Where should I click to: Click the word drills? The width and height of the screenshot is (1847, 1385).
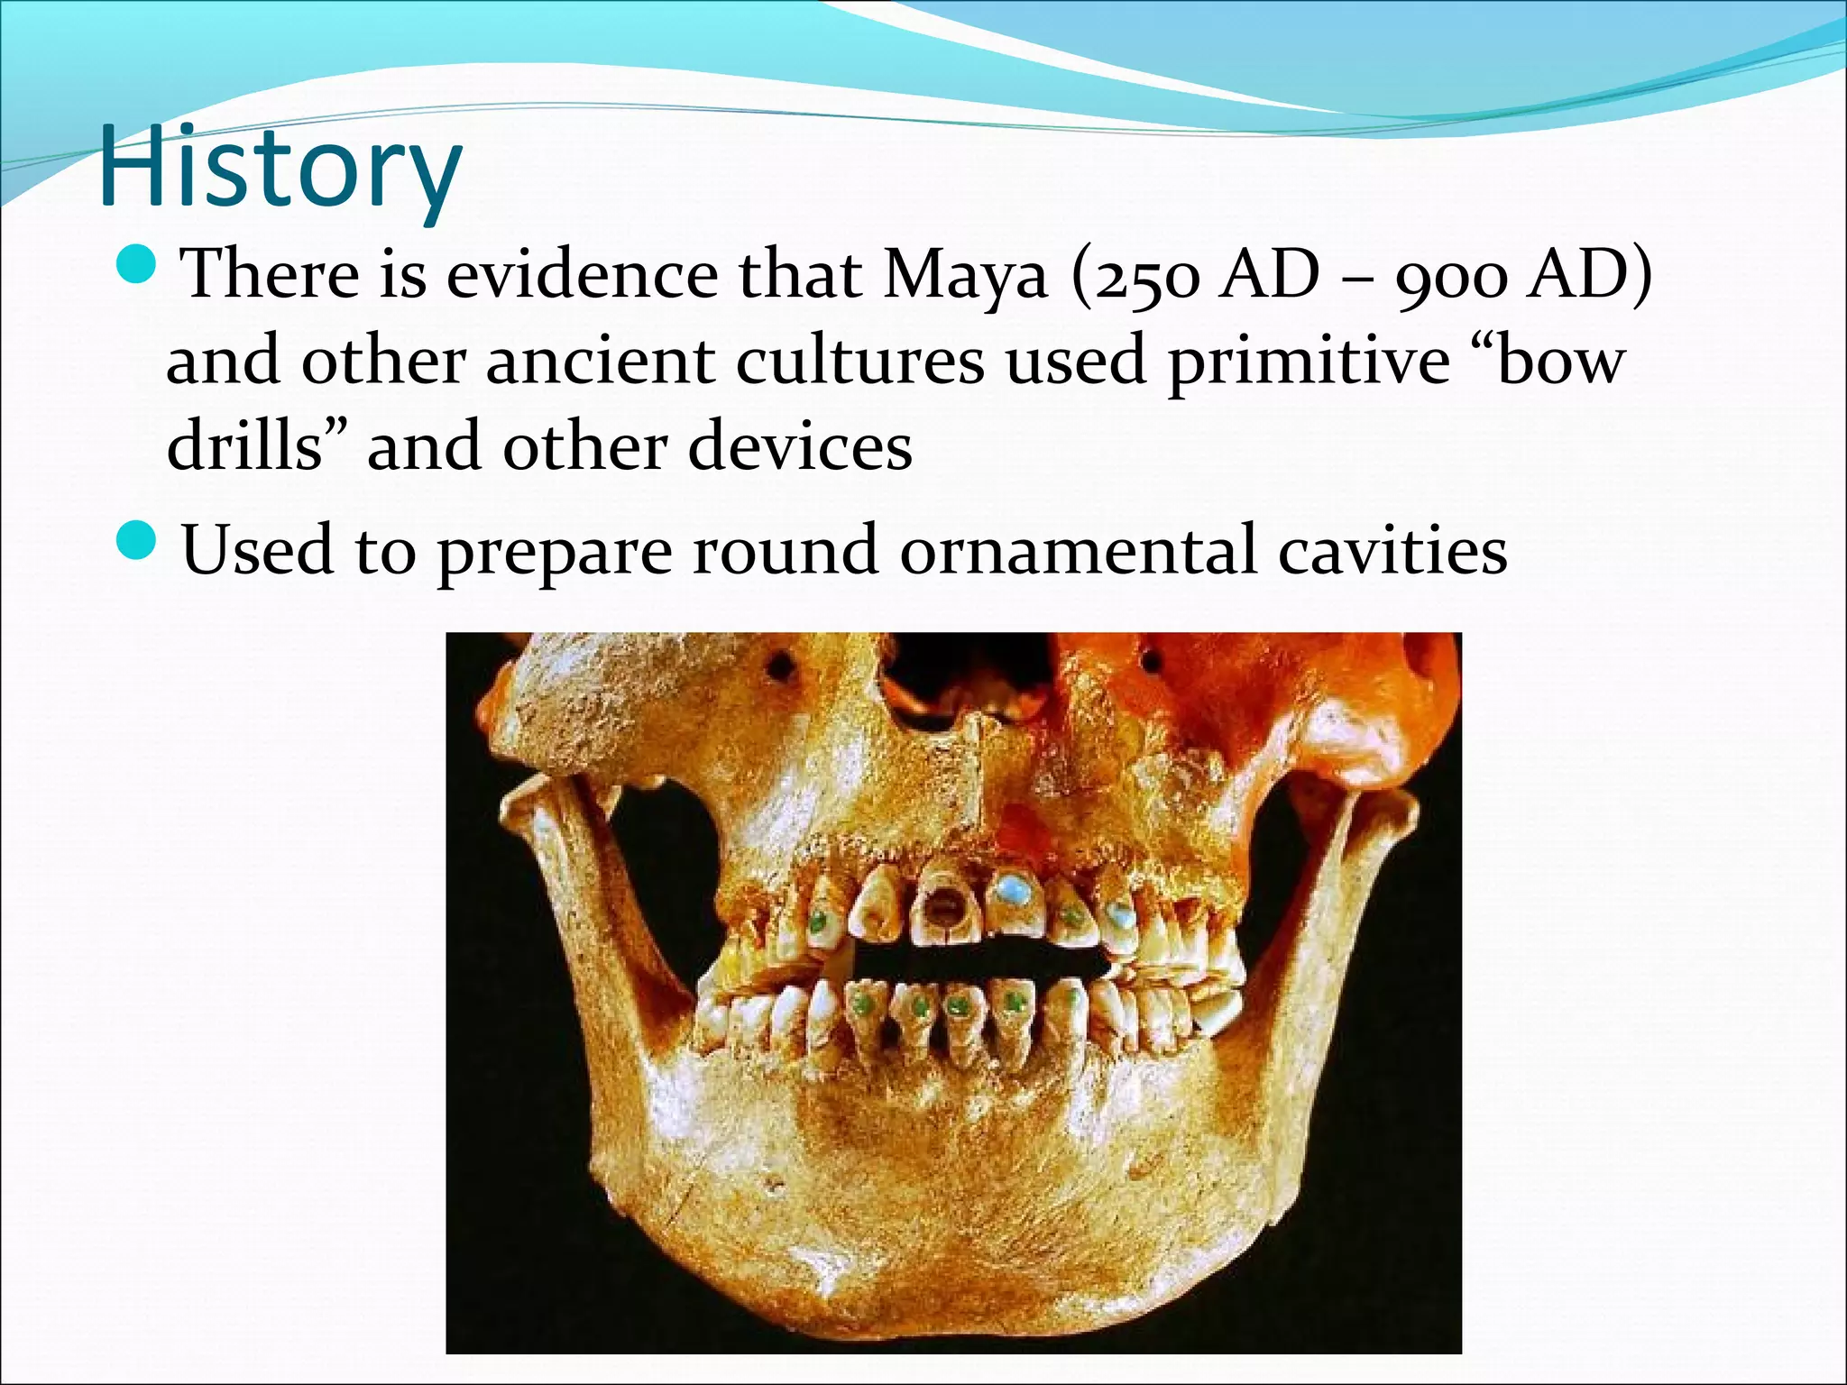pos(244,446)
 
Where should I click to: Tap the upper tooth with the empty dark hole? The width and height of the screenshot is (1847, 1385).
pos(942,906)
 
